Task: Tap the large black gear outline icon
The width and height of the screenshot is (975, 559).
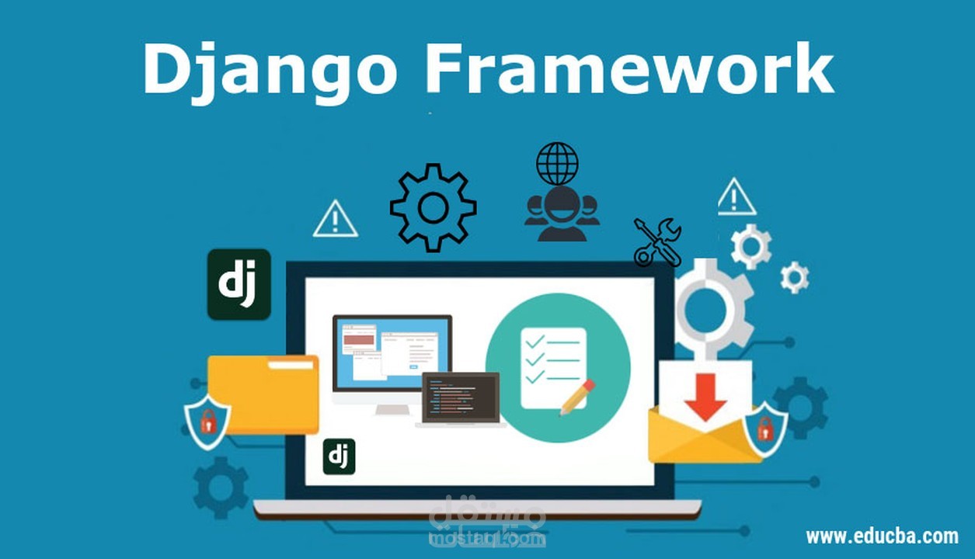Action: coord(433,207)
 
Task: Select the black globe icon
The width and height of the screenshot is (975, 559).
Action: coord(557,163)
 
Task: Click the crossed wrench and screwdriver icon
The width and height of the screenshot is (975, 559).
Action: coord(657,241)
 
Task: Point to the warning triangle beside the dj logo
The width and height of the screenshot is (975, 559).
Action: coord(335,220)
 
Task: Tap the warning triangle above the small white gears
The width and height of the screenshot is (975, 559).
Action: coord(736,198)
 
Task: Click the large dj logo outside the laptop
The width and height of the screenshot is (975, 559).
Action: coord(239,284)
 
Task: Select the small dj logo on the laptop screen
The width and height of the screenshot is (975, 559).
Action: coord(339,457)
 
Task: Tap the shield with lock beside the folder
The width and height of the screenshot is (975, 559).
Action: coord(207,422)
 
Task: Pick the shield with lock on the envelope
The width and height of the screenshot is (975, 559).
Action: coord(764,427)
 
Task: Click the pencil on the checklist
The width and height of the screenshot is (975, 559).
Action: coord(576,397)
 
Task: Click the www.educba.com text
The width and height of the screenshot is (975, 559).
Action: coord(881,536)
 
